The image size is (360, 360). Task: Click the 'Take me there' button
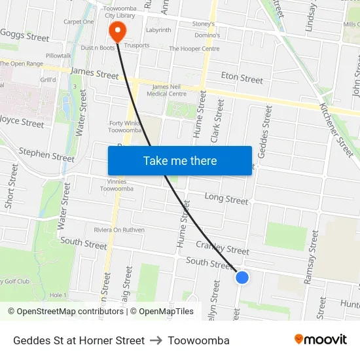(180, 161)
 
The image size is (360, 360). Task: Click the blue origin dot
(242, 278)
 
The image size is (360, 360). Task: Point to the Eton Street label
(242, 78)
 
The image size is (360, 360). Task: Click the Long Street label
(226, 198)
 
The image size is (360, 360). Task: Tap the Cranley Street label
(223, 247)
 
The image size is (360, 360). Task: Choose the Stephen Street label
(46, 154)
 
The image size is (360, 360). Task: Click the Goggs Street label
(25, 35)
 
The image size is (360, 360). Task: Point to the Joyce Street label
(22, 121)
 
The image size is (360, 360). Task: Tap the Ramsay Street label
(310, 257)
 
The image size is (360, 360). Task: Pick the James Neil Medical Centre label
(169, 90)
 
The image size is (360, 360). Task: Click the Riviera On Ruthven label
(120, 229)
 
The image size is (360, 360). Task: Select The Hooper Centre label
(194, 48)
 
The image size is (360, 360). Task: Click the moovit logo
(320, 340)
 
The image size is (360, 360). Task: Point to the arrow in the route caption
(156, 340)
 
